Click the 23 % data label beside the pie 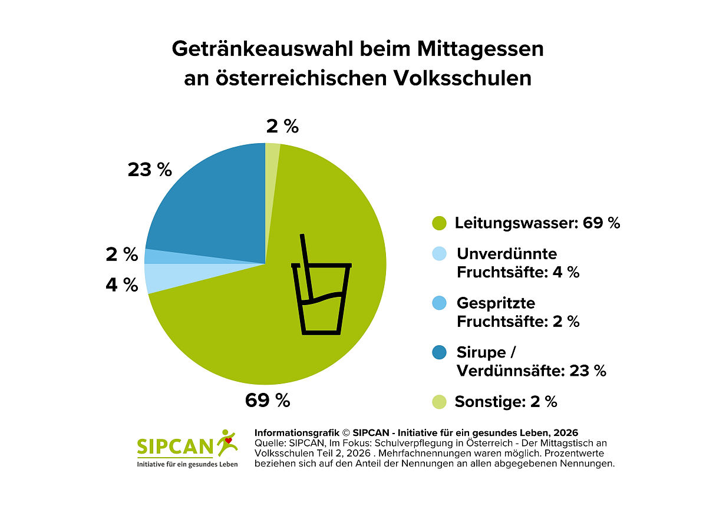[x=150, y=170]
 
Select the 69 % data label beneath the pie [x=268, y=401]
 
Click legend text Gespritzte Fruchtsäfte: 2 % [x=517, y=312]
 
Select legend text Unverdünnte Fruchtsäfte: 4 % [x=517, y=263]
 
